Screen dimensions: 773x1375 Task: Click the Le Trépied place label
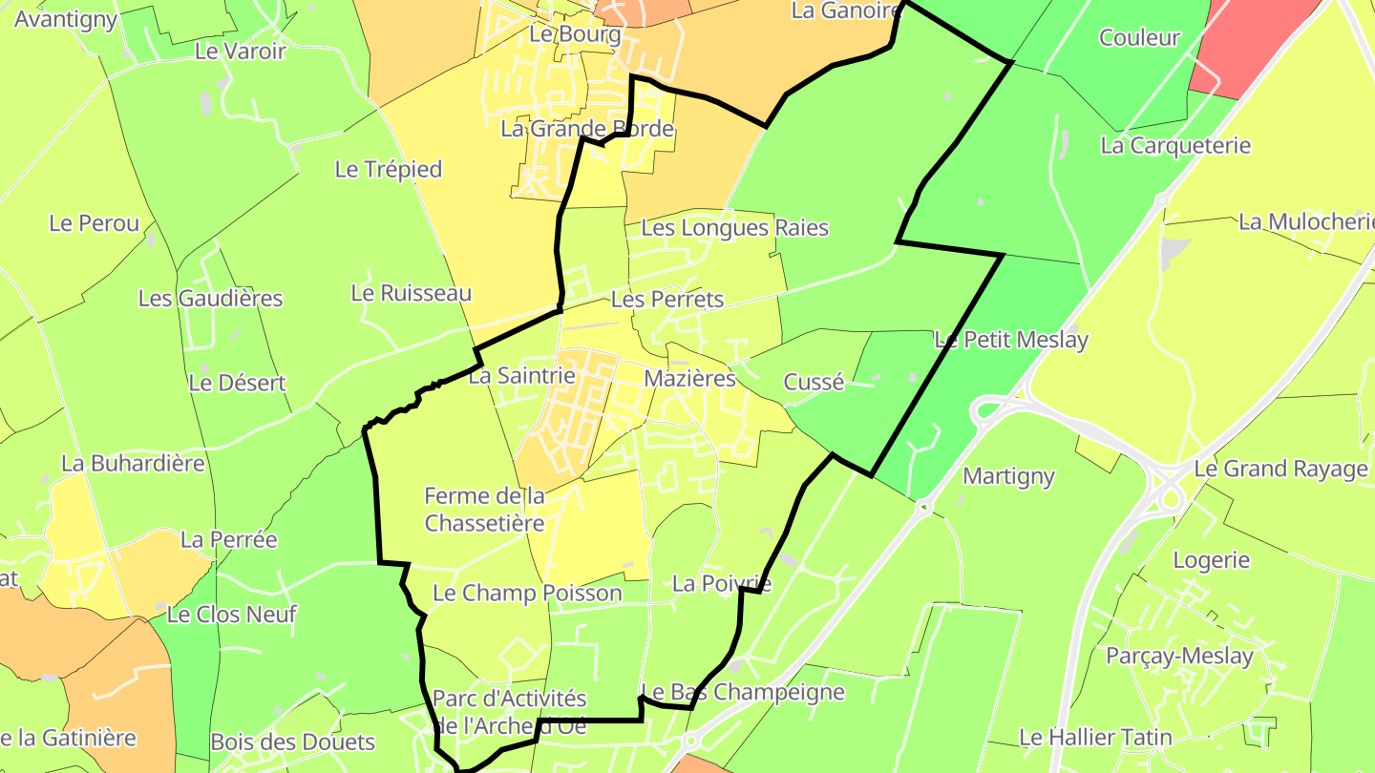point(389,170)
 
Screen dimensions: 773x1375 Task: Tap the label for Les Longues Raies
point(734,228)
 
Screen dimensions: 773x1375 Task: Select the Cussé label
point(814,383)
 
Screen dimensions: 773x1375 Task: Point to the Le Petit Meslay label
point(1011,340)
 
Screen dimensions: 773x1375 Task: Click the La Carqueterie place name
point(1175,146)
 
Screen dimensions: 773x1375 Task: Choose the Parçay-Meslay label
point(1179,657)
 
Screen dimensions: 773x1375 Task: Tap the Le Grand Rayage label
point(1280,470)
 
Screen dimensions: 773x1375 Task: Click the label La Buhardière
point(133,464)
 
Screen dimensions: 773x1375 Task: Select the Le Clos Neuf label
point(232,615)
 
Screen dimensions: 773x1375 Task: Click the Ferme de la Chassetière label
point(484,510)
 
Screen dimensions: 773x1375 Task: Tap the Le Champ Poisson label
point(527,594)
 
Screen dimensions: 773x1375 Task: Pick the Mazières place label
point(690,379)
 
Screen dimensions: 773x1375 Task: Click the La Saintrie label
point(521,376)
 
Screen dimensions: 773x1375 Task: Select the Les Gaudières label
point(211,299)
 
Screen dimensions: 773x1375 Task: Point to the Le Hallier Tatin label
point(1095,738)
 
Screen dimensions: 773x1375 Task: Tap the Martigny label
point(1008,476)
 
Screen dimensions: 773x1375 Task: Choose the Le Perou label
point(95,224)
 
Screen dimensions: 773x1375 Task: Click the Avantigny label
point(66,19)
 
